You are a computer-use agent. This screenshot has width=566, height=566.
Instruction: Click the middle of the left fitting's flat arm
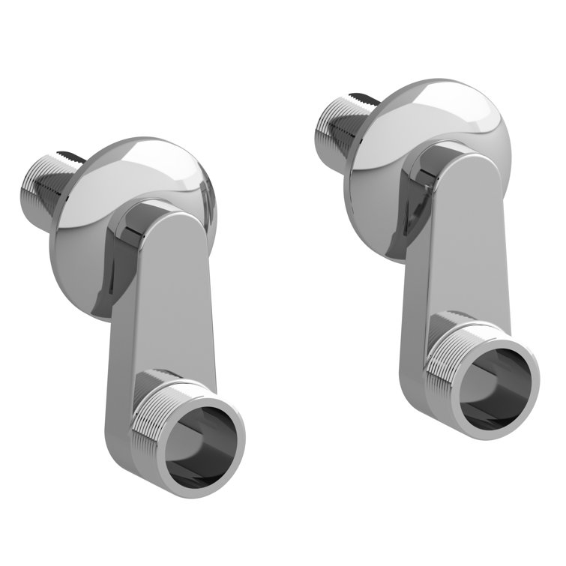click(x=161, y=315)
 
